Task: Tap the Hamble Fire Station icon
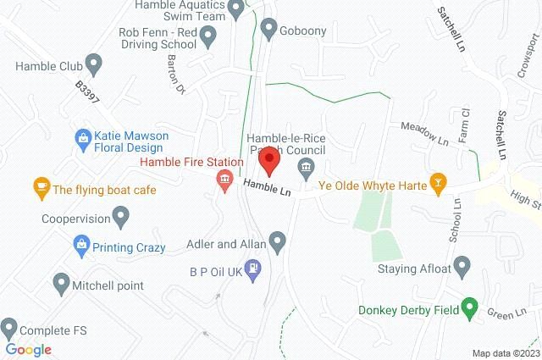tap(224, 180)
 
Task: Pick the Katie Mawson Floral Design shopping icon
tap(83, 136)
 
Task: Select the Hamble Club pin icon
tap(94, 62)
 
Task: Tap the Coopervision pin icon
tap(120, 219)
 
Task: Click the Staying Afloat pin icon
tap(462, 269)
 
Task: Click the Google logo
tap(28, 349)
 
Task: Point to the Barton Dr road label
tap(175, 76)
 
